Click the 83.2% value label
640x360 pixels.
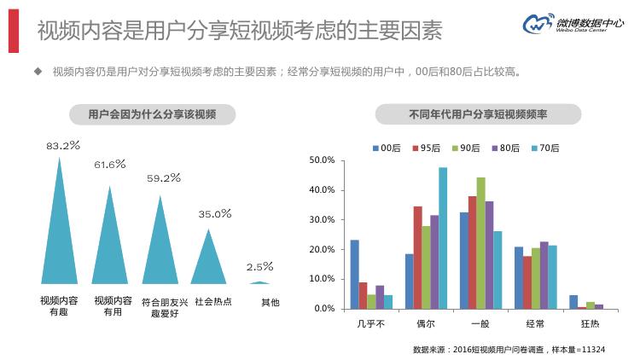[x=63, y=146]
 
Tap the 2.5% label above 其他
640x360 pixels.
[x=259, y=266]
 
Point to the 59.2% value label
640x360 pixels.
[x=164, y=178]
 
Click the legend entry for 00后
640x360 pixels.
[x=386, y=148]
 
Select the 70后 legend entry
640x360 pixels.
[x=544, y=148]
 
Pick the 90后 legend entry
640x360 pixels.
[x=465, y=148]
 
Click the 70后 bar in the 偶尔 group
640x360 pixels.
[x=443, y=239]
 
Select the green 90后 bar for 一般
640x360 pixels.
[x=480, y=243]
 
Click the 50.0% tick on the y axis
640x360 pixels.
[x=322, y=160]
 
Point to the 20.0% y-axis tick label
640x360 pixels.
[x=322, y=249]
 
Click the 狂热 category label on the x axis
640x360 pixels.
[x=589, y=324]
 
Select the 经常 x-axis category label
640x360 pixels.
[x=536, y=324]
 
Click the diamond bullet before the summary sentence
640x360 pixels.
[x=37, y=73]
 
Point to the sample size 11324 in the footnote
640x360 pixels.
[x=592, y=350]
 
